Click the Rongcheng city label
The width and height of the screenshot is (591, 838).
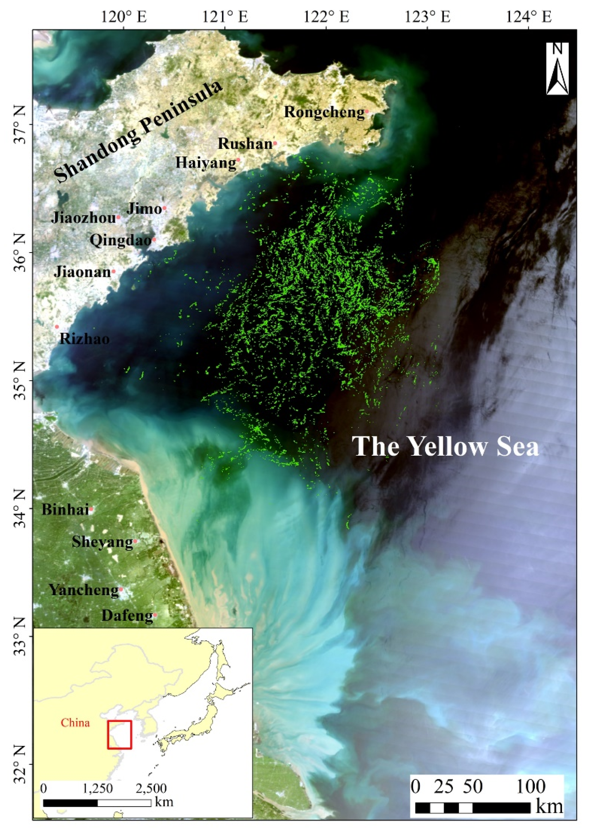click(x=324, y=112)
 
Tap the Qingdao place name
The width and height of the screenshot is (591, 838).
click(x=120, y=240)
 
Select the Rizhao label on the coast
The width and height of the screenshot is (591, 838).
click(x=84, y=339)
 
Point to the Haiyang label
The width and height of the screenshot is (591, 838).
click(x=205, y=163)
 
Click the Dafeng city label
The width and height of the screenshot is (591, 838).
click(x=127, y=615)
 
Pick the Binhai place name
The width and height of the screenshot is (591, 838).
click(x=65, y=509)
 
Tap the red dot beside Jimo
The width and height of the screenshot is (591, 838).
click(x=164, y=208)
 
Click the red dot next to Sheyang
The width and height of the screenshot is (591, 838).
click(x=135, y=541)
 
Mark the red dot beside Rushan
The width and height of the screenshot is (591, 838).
click(x=275, y=144)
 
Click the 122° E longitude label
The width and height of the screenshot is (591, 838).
click(x=326, y=17)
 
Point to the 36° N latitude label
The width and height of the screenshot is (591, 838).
click(x=19, y=252)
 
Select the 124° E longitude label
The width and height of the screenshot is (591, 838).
click(x=529, y=17)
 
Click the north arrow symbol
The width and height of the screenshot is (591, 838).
click(x=557, y=69)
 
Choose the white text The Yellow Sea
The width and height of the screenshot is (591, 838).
click(x=445, y=446)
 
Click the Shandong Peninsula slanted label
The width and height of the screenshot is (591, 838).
click(x=137, y=131)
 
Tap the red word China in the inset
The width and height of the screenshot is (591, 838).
click(x=75, y=723)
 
